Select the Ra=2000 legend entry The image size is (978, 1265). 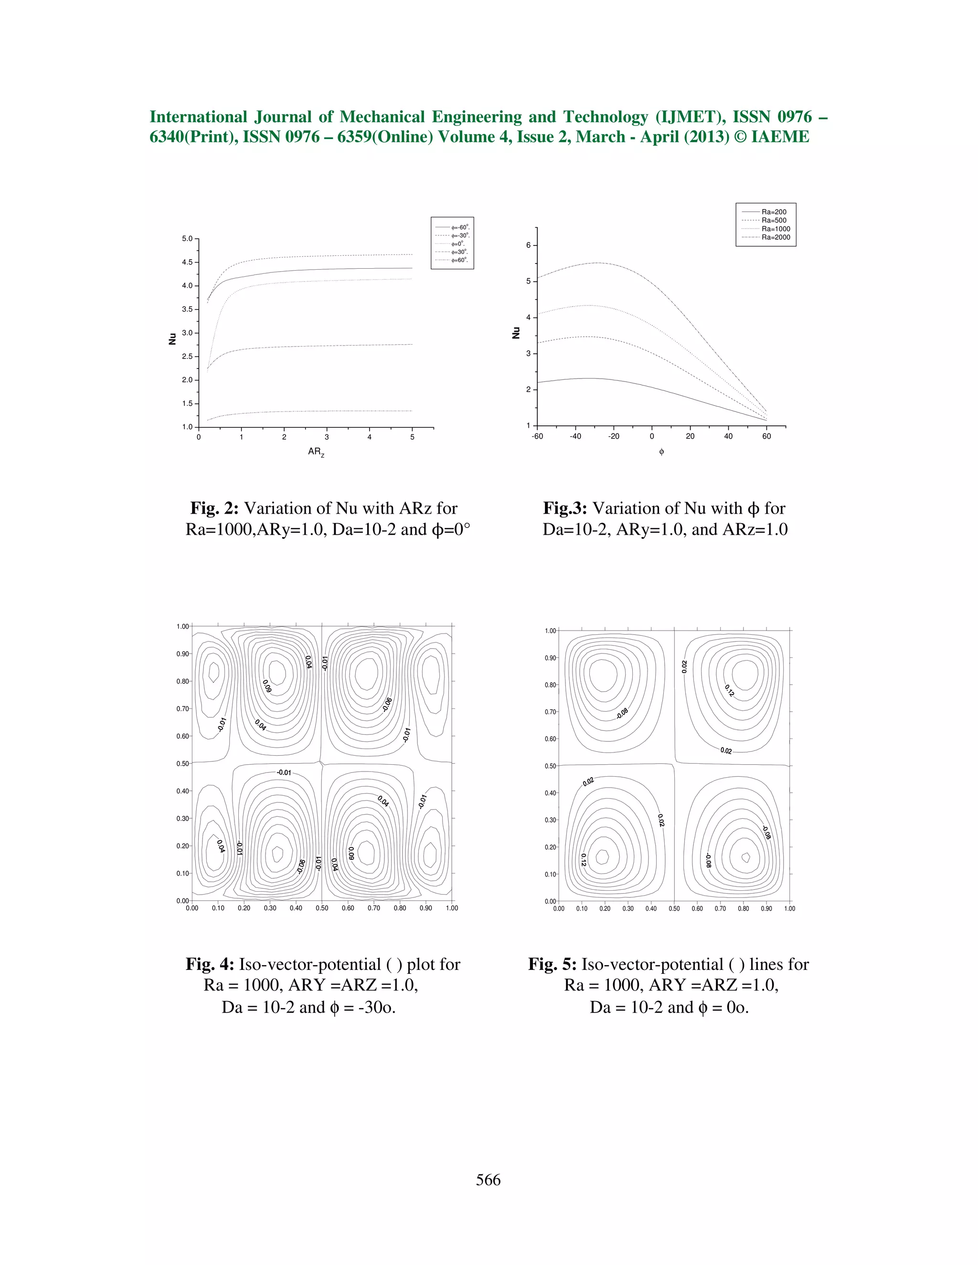coord(775,237)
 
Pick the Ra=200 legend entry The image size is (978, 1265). coord(774,212)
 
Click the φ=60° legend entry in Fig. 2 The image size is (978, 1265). coord(459,260)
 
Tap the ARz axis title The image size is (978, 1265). coord(316,452)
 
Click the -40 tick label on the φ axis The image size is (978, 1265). coord(575,436)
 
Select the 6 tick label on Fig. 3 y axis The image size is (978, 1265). coord(528,245)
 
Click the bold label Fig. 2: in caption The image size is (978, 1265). coord(214,508)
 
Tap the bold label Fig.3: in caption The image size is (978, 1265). coord(565,508)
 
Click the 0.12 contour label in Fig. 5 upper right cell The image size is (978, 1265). coord(730,690)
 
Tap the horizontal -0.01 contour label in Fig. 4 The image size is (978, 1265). coord(284,773)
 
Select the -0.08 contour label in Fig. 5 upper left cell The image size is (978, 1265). coord(622,714)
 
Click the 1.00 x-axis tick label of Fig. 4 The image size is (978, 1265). coord(451,908)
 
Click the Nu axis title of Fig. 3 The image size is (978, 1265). coord(516,333)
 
